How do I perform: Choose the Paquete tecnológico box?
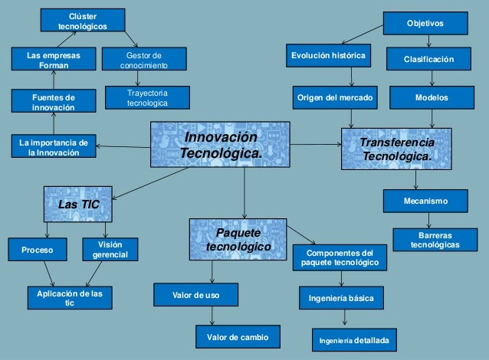pyautogui.click(x=238, y=239)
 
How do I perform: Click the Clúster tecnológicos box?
pyautogui.click(x=83, y=21)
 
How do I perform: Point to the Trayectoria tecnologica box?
pyautogui.click(x=146, y=97)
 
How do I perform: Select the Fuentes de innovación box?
pyautogui.click(x=54, y=102)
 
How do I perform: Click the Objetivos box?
pyautogui.click(x=425, y=24)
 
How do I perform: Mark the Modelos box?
pyautogui.click(x=432, y=98)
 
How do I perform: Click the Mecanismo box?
pyautogui.click(x=425, y=201)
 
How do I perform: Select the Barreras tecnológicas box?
pyautogui.click(x=435, y=240)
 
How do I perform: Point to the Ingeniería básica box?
pyautogui.click(x=341, y=297)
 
